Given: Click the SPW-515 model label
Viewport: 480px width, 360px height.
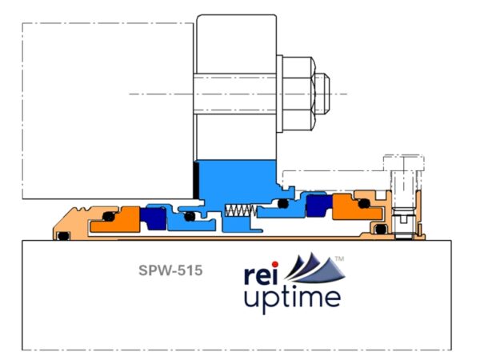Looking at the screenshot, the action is (170, 270).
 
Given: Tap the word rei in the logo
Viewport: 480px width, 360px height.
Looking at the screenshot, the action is (262, 275).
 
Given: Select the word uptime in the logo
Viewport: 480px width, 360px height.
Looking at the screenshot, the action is (292, 299).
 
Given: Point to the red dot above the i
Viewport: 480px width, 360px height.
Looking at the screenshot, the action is (275, 264).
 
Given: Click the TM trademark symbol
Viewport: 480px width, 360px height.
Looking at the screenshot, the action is (339, 258).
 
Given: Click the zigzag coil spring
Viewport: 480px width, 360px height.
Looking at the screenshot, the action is (241, 210).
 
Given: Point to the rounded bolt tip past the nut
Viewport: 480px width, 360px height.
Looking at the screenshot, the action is (322, 94).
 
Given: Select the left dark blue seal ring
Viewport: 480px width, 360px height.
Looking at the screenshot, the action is (154, 218).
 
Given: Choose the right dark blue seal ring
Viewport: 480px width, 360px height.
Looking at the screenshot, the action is (319, 205).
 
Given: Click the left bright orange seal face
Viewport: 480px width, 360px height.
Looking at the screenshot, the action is (117, 219).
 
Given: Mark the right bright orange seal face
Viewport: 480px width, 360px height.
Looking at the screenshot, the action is (357, 207).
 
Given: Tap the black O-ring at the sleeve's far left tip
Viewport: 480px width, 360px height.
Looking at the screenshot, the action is (63, 236).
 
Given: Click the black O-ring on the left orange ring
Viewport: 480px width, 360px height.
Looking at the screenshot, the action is (108, 217).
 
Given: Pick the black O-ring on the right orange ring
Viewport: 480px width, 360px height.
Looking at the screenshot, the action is (364, 203).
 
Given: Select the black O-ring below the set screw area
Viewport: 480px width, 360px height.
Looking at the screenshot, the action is (381, 230).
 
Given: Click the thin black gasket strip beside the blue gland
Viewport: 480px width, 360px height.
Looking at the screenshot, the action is (196, 180).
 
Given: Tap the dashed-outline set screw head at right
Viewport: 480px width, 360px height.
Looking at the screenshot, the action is (403, 163).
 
